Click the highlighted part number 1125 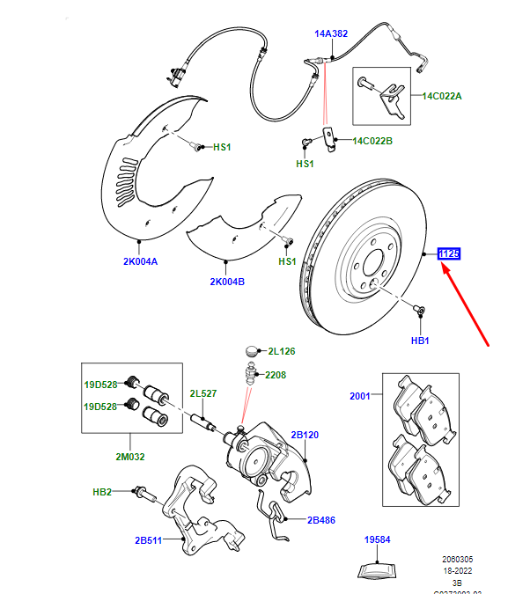(x=450, y=254)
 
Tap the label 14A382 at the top (x=332, y=34)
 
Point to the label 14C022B (x=372, y=140)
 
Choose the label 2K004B (x=227, y=282)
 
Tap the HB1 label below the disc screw (x=419, y=340)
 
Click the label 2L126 (x=282, y=351)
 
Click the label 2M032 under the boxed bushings (x=130, y=457)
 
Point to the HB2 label (x=102, y=492)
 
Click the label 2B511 (x=149, y=539)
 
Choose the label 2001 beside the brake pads (x=359, y=397)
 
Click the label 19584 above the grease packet (x=378, y=539)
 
